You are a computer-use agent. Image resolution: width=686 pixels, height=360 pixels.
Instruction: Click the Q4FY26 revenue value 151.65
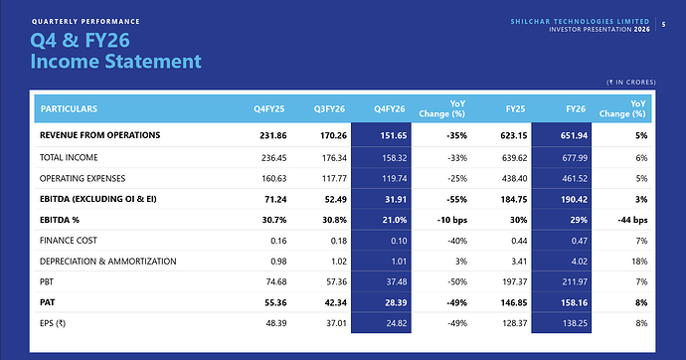click(x=394, y=135)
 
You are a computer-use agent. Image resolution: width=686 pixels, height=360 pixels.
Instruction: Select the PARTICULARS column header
click(x=69, y=109)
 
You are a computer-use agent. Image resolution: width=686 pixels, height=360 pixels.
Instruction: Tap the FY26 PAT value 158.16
click(x=574, y=302)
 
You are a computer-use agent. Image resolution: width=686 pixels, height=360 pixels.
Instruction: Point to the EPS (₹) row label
click(x=53, y=323)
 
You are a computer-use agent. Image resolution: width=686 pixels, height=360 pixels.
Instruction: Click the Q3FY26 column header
click(x=329, y=109)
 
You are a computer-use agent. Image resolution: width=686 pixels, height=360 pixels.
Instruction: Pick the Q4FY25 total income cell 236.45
click(x=273, y=158)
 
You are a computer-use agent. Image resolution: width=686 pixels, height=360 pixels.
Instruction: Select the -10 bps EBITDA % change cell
click(x=452, y=220)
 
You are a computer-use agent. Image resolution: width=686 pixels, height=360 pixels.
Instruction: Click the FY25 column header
click(x=515, y=109)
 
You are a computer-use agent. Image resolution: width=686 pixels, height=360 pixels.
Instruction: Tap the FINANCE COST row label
click(x=69, y=241)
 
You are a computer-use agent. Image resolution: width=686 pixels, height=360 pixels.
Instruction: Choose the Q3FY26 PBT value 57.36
click(x=336, y=282)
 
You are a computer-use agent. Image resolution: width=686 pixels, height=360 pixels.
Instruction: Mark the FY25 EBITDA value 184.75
click(x=514, y=200)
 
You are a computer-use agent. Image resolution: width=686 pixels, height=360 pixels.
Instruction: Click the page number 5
click(x=664, y=25)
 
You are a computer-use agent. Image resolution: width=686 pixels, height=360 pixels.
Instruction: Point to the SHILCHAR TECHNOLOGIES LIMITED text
click(x=580, y=22)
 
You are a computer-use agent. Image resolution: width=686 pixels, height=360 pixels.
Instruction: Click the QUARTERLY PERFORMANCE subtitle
click(x=86, y=22)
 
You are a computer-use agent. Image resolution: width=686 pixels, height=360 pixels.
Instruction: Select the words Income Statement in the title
click(x=115, y=62)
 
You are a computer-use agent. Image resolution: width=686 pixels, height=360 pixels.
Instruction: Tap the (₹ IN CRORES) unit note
click(x=631, y=83)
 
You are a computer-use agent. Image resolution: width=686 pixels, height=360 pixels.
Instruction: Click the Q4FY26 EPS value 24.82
click(x=397, y=323)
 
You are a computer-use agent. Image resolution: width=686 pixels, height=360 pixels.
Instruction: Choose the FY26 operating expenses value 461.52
click(x=575, y=179)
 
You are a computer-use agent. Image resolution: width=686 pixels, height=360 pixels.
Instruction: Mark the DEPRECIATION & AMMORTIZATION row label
click(x=108, y=262)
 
